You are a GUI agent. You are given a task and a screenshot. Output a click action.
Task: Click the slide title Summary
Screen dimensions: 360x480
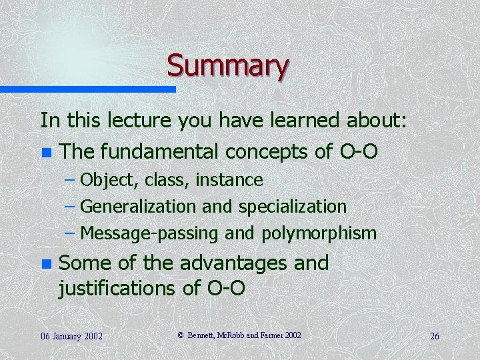[x=227, y=65]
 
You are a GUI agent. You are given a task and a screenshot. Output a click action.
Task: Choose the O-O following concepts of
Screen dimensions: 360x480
[x=357, y=152]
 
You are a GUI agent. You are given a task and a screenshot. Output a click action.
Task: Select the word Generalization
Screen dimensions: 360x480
[x=140, y=207]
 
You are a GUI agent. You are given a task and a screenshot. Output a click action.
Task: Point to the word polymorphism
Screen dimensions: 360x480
[x=319, y=233]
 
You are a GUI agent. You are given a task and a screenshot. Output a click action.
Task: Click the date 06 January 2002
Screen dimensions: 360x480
[x=71, y=336]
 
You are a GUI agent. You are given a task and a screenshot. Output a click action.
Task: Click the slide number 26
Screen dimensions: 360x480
[x=434, y=336]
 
